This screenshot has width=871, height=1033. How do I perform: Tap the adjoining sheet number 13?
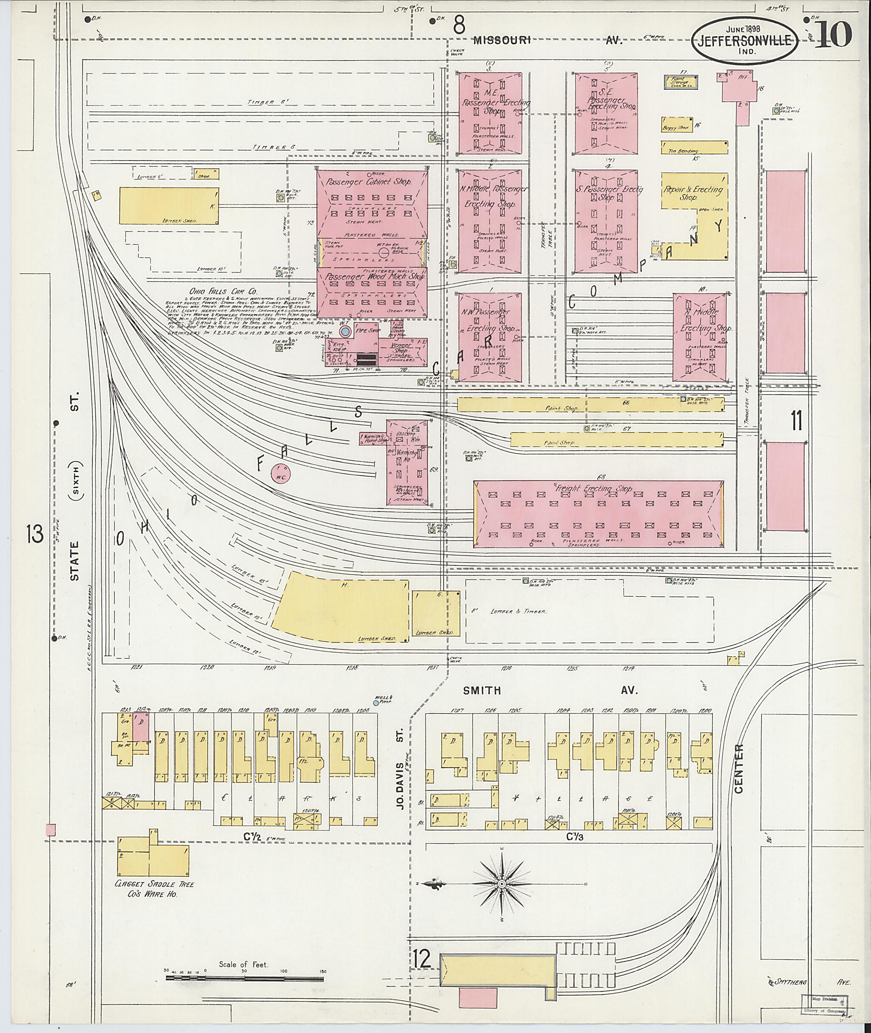(36, 534)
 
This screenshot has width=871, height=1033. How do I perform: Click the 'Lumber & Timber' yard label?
(518, 611)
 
